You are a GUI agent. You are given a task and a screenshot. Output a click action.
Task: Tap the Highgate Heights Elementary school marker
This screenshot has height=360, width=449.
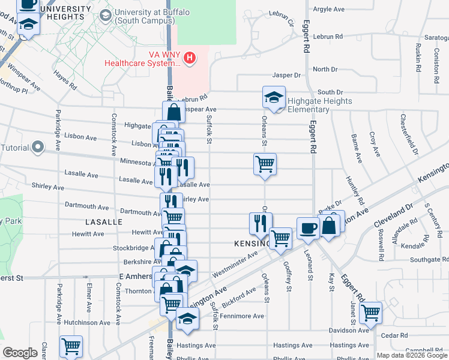(x=274, y=98)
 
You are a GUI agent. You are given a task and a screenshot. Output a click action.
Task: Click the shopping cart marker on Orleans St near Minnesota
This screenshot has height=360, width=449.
(x=265, y=164)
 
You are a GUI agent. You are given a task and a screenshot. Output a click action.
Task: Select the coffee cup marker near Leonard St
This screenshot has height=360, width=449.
(x=308, y=228)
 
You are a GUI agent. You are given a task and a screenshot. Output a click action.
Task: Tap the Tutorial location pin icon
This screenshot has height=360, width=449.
(x=38, y=147)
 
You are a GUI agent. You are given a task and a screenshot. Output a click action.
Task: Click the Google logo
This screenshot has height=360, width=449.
(x=20, y=353)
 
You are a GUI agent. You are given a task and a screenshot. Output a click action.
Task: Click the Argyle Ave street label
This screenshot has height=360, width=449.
(x=329, y=9)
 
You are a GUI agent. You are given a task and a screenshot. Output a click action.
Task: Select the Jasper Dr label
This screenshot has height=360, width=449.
(x=286, y=75)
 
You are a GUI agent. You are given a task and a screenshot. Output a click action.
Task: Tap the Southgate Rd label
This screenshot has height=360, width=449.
(x=426, y=260)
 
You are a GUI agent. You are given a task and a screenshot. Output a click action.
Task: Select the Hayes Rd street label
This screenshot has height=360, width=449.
(x=65, y=79)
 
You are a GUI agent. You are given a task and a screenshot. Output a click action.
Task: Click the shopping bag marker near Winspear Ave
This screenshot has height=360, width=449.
(x=173, y=112)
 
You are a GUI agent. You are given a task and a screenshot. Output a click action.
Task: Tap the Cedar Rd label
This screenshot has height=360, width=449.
(x=394, y=335)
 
